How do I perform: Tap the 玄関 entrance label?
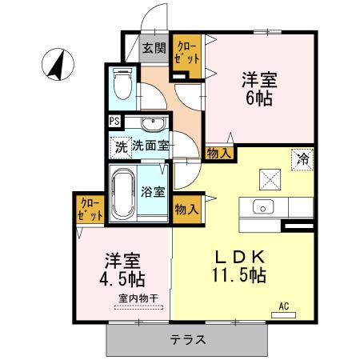(x=154, y=48)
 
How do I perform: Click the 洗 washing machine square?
(x=120, y=146)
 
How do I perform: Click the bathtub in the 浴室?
(x=122, y=194)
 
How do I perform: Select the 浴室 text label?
(x=154, y=192)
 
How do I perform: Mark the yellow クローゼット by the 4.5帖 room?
(x=90, y=210)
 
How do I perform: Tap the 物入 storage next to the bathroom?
(x=186, y=208)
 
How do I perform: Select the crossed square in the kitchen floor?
(x=269, y=178)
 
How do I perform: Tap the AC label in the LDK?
(x=284, y=305)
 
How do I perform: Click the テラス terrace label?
(x=188, y=339)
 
